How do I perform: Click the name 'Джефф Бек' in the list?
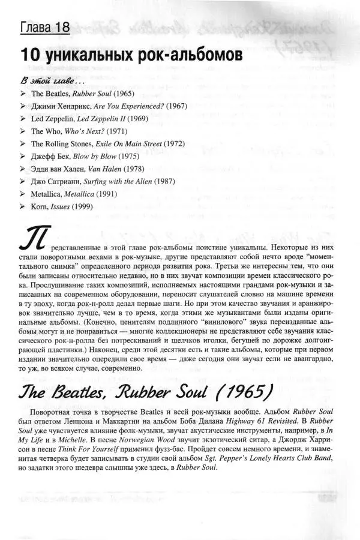(47, 157)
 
